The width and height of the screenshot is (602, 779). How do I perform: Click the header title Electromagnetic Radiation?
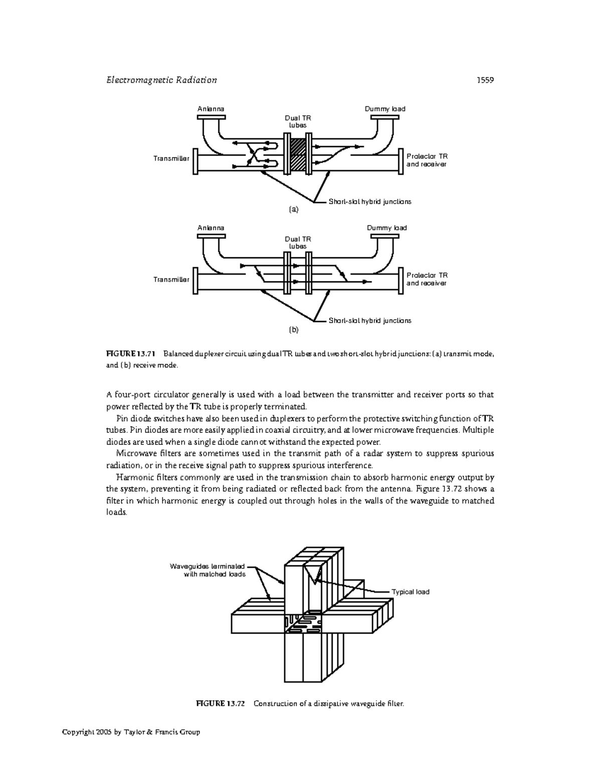pos(162,80)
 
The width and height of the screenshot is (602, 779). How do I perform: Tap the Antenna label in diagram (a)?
pos(211,109)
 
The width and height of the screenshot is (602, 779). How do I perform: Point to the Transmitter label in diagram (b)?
pos(171,279)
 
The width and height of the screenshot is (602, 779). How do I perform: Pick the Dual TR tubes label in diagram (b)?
pos(298,243)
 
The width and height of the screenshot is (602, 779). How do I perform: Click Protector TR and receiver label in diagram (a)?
pos(427,161)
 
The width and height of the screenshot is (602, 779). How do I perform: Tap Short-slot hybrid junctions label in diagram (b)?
pos(370,321)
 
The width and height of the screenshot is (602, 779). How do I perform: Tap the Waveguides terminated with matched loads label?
pos(208,570)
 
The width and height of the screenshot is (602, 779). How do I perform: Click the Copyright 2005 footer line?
pos(131,732)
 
